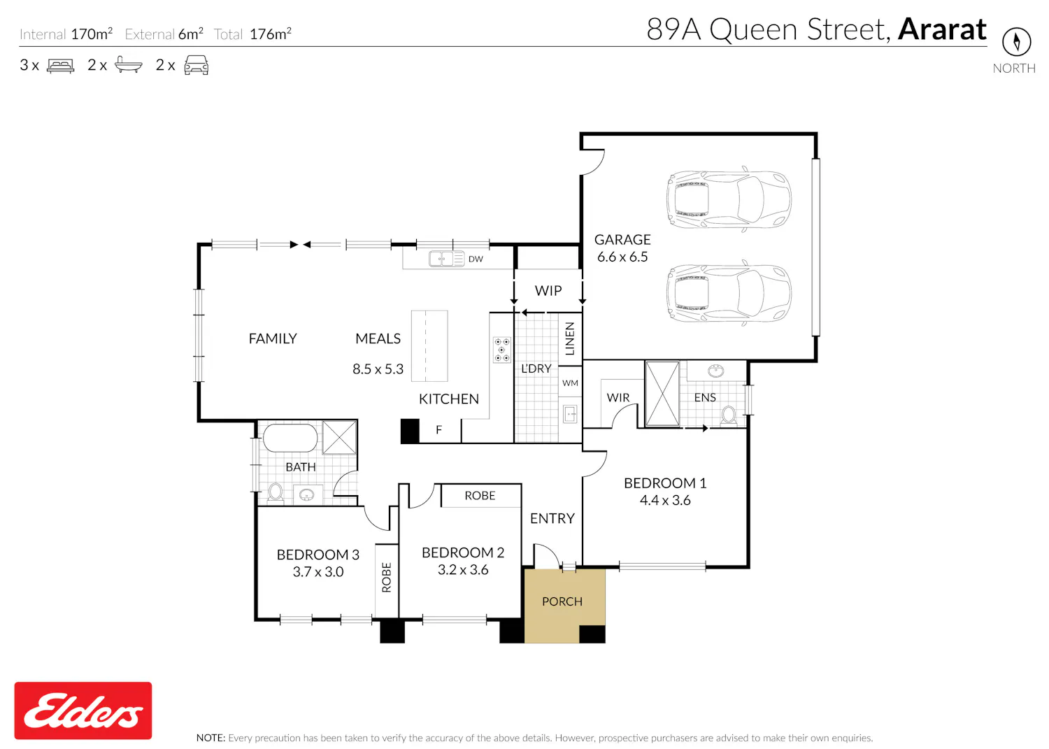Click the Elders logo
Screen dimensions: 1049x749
(83, 710)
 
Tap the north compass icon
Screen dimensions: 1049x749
(1016, 42)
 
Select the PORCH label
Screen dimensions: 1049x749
(562, 601)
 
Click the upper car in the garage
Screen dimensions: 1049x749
(729, 199)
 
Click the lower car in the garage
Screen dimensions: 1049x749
(729, 293)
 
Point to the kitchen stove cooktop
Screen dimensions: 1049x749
(501, 350)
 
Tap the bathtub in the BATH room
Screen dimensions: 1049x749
(290, 438)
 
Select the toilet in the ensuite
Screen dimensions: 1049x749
(728, 415)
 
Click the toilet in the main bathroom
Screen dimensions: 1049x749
(276, 493)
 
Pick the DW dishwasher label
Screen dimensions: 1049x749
(476, 259)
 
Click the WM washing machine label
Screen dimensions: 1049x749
(570, 383)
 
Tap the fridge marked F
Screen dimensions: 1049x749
(439, 429)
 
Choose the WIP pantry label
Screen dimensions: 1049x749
(548, 291)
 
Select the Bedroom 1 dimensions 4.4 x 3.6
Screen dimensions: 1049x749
(665, 500)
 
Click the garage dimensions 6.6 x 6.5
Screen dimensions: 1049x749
(622, 257)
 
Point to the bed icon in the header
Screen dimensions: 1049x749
(60, 65)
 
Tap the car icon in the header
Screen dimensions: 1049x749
(197, 65)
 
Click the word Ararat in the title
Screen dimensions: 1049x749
(942, 29)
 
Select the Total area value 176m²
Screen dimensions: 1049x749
(271, 34)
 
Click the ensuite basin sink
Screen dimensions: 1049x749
(715, 371)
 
